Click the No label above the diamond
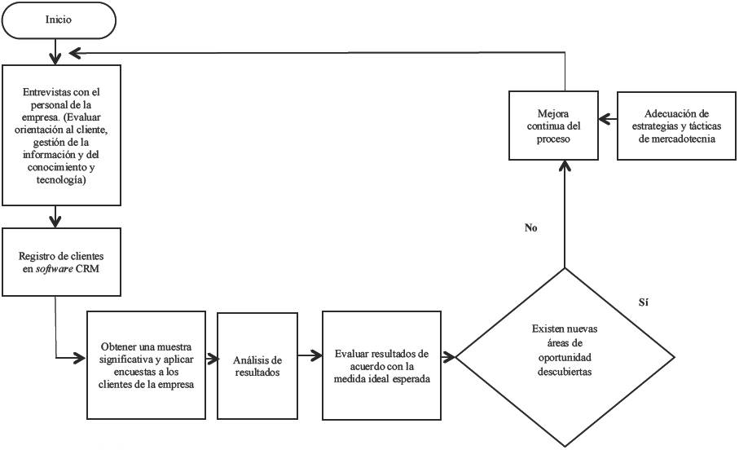pos(531,228)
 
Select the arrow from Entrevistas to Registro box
pos(55,216)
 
